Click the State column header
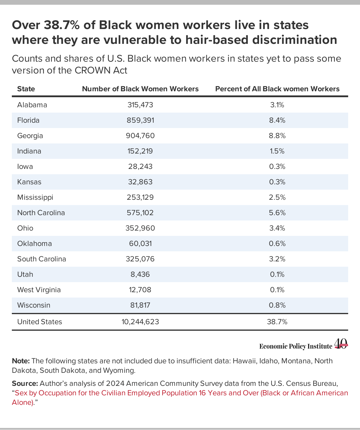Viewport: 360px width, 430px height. (x=26, y=89)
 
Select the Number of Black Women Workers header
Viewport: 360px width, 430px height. (x=140, y=89)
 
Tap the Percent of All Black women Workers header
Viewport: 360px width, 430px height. (x=277, y=89)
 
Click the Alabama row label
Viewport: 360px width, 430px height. (x=32, y=105)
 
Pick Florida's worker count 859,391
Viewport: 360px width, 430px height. (x=140, y=120)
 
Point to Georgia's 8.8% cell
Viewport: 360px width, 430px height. (x=277, y=136)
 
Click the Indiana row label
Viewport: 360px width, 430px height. (x=29, y=151)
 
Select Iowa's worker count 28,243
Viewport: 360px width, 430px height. (x=140, y=166)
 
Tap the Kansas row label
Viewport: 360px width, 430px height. (x=29, y=182)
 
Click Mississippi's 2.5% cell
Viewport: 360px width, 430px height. (x=277, y=197)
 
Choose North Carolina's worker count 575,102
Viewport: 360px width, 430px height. (x=140, y=213)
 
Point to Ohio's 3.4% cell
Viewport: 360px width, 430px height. (x=277, y=228)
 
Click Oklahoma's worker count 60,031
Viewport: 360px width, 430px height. (x=140, y=244)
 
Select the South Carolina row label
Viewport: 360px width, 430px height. (x=41, y=259)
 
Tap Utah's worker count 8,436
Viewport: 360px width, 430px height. (x=140, y=274)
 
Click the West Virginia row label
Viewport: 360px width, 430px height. (x=39, y=290)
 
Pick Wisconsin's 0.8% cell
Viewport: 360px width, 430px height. (x=277, y=305)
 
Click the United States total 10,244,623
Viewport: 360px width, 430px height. (x=140, y=322)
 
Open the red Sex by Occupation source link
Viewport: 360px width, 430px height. (x=180, y=398)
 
